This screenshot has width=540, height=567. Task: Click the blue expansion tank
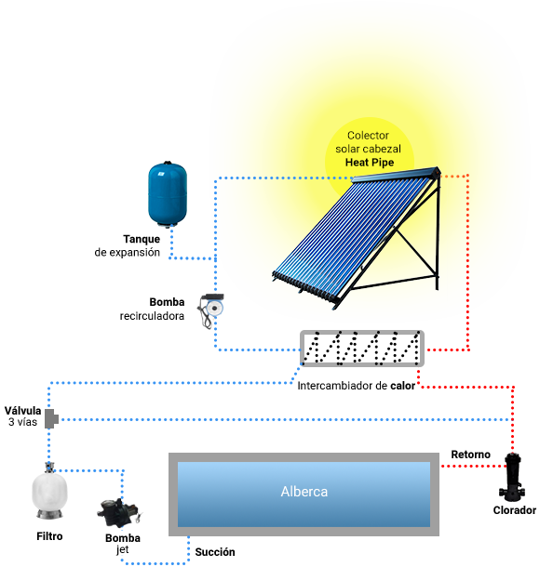coord(168,194)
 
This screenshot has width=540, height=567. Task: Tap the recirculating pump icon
coord(210,310)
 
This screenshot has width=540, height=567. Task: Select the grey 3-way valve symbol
coord(51,418)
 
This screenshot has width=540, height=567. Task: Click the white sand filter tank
coord(49,492)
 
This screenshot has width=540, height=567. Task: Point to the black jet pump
coord(118,512)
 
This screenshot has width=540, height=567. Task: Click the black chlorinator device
coord(512,478)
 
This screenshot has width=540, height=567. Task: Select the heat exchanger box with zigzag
coord(362,349)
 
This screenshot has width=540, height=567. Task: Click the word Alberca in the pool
coord(304,492)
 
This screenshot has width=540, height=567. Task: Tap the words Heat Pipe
coord(370,163)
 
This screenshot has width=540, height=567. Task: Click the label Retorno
coord(470,455)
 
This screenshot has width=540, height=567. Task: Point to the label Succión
coord(215,552)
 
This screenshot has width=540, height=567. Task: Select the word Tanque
coord(142,239)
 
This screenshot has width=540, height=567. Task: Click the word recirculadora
coord(152,316)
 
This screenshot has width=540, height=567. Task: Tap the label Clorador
coord(515,510)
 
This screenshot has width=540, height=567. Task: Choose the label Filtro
coord(49,536)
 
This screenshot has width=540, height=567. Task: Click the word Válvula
coord(23,411)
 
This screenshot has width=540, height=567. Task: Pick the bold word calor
coord(403,386)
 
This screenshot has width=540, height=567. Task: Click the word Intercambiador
coord(335,386)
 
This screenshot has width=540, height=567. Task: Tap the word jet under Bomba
coord(122,549)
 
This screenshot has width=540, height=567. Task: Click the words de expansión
coord(128,253)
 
